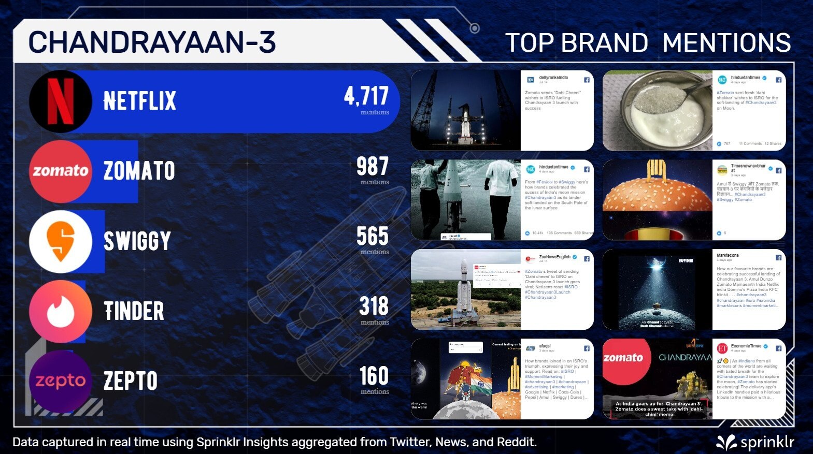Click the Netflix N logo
pos(61,101)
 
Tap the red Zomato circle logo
pos(61,171)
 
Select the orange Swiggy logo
pos(61,241)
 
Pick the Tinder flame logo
pos(61,311)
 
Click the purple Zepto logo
pos(61,381)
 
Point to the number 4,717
pos(366,96)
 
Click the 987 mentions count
pos(372,167)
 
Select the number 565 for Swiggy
pos(372,237)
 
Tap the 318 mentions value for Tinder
pos(374,306)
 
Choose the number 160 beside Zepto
pos(374,376)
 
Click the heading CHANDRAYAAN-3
pos(152,42)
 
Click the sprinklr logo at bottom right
pos(755,442)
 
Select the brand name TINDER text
pos(134,311)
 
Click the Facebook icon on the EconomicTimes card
pos(778,348)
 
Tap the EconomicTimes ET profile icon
pos(722,348)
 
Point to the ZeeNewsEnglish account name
pos(554,257)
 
